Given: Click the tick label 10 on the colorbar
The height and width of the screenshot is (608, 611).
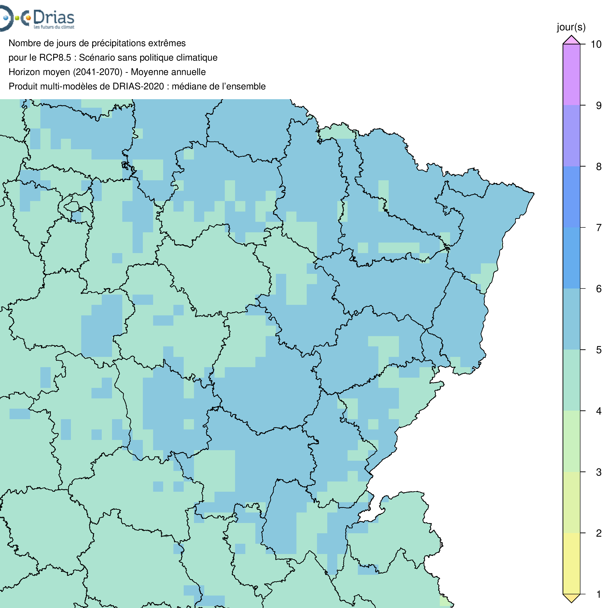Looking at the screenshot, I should (x=596, y=44).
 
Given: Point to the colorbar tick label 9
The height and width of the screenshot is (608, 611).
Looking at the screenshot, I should (x=598, y=106).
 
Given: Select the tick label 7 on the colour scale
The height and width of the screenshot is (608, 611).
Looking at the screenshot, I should (x=598, y=228).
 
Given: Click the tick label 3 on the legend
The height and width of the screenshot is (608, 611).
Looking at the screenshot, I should (x=598, y=472).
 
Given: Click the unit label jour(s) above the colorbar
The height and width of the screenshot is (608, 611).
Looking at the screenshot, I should (x=571, y=27).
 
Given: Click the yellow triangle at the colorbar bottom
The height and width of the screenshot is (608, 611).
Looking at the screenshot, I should (x=571, y=597).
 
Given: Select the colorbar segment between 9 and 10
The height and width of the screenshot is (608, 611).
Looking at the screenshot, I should (x=571, y=75).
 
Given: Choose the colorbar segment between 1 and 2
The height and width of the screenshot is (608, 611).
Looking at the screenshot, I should (x=571, y=564).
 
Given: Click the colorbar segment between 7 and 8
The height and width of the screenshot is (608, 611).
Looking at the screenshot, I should (x=571, y=197).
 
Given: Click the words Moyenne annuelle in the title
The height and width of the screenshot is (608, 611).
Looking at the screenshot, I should (x=168, y=72).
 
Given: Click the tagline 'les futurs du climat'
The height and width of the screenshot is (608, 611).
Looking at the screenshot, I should (x=54, y=27).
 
